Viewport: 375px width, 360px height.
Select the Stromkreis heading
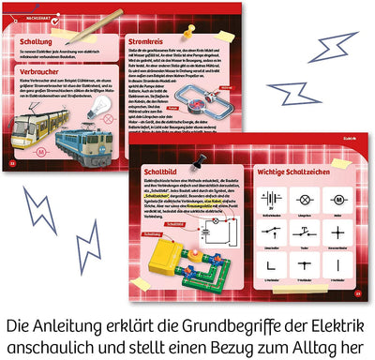click(x=151, y=42)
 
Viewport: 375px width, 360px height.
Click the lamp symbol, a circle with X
click(x=304, y=200)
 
